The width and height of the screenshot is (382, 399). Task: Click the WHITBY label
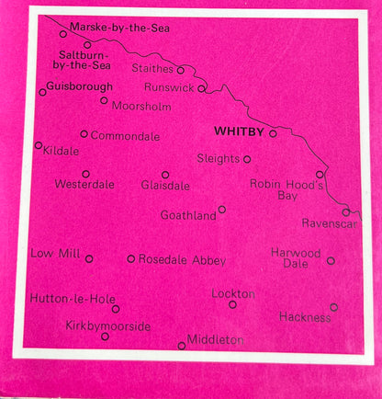tap(237, 131)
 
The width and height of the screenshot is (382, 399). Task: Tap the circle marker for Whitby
tap(273, 133)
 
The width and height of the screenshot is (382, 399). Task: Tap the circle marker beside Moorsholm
tap(104, 100)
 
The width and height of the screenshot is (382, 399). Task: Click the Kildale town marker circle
tap(38, 144)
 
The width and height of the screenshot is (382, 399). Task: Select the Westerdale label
tap(84, 185)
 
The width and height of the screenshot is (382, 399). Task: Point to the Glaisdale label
tap(165, 186)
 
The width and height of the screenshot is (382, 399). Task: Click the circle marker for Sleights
tap(247, 159)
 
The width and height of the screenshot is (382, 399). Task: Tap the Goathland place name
tap(187, 215)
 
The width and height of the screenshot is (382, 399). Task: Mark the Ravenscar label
tap(331, 223)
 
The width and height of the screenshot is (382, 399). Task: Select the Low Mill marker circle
tap(89, 258)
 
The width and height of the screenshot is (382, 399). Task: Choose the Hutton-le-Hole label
tap(66, 300)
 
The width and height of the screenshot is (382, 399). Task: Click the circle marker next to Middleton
tap(181, 346)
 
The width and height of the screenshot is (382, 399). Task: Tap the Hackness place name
tap(305, 317)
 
